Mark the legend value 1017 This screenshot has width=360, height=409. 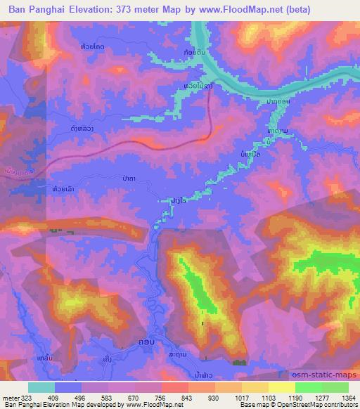pos(242,397)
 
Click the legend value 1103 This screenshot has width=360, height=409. pos(269,397)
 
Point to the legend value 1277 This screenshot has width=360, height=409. pos(321,397)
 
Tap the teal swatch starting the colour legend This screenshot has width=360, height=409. pos(41,387)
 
